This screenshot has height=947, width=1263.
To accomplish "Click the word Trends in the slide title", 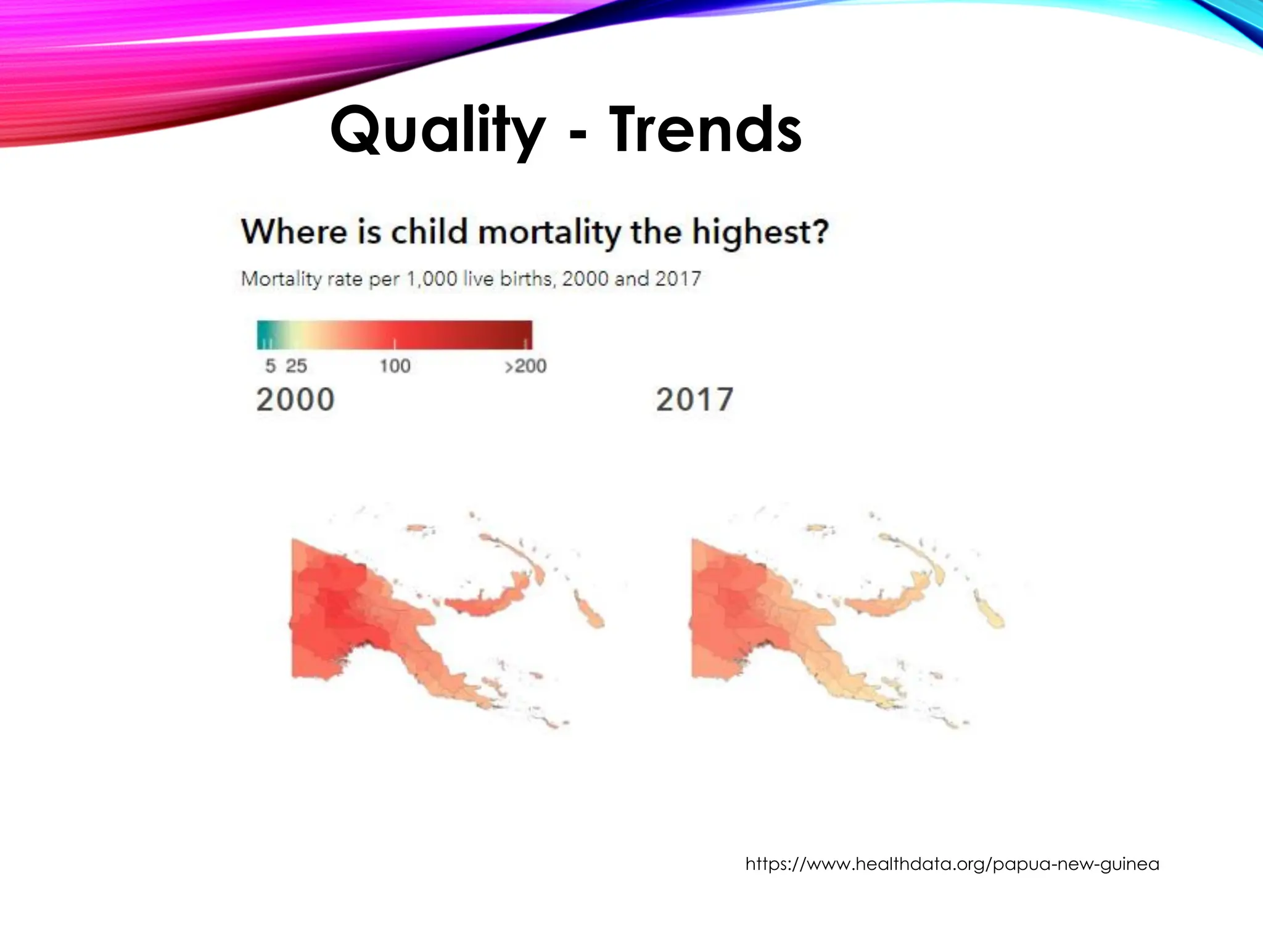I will pos(706,131).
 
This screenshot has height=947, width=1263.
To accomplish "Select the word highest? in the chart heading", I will pos(760,232).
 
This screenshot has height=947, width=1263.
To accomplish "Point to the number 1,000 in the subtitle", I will pos(431,279).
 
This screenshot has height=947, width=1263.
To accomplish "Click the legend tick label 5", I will pos(270,366).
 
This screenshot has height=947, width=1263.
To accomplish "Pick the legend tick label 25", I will pos(296,366).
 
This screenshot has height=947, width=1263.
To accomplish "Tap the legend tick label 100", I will pos(395,366).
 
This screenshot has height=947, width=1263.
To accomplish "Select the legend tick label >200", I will pos(525,366).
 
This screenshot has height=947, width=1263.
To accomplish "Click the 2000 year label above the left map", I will pos(295,400).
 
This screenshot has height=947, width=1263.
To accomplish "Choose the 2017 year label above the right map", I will pos(694,400).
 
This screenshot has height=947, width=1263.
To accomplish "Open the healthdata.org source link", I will pos(952,864).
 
